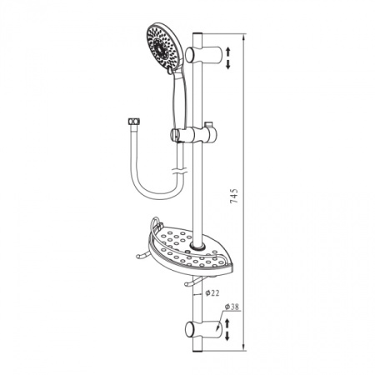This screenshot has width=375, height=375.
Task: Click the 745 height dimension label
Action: pos(234,196)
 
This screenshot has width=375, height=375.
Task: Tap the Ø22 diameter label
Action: pos(212,292)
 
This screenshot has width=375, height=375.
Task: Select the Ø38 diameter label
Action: pos(232,307)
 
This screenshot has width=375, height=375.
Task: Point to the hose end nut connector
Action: pos(134,122)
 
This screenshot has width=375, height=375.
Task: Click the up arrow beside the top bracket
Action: pos(228,52)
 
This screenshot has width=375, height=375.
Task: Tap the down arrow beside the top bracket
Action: pos(228,64)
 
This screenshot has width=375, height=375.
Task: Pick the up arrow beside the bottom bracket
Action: pos(227,323)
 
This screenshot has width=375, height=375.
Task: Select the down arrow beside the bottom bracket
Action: pos(227,336)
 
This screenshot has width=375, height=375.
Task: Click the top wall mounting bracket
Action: pos(202,55)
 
